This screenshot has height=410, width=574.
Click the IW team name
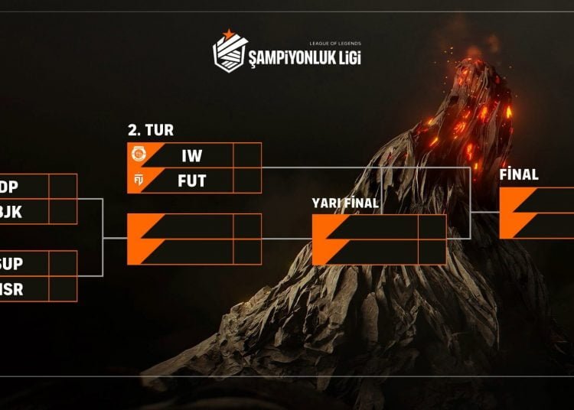coord(191,156)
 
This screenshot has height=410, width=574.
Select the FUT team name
coord(191,181)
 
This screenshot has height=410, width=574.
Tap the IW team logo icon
coord(139,155)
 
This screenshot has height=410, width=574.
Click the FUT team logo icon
coord(139,181)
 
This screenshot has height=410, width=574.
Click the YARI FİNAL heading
coord(344,203)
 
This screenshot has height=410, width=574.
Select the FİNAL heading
coord(518,174)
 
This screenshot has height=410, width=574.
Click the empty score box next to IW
coord(247,156)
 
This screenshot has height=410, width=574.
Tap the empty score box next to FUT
coord(247,181)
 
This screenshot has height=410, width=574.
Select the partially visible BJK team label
coord(12,212)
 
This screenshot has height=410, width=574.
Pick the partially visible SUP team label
coord(12,263)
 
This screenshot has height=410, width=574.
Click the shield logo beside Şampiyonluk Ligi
coord(230,52)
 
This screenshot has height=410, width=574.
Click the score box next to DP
coord(63,187)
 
